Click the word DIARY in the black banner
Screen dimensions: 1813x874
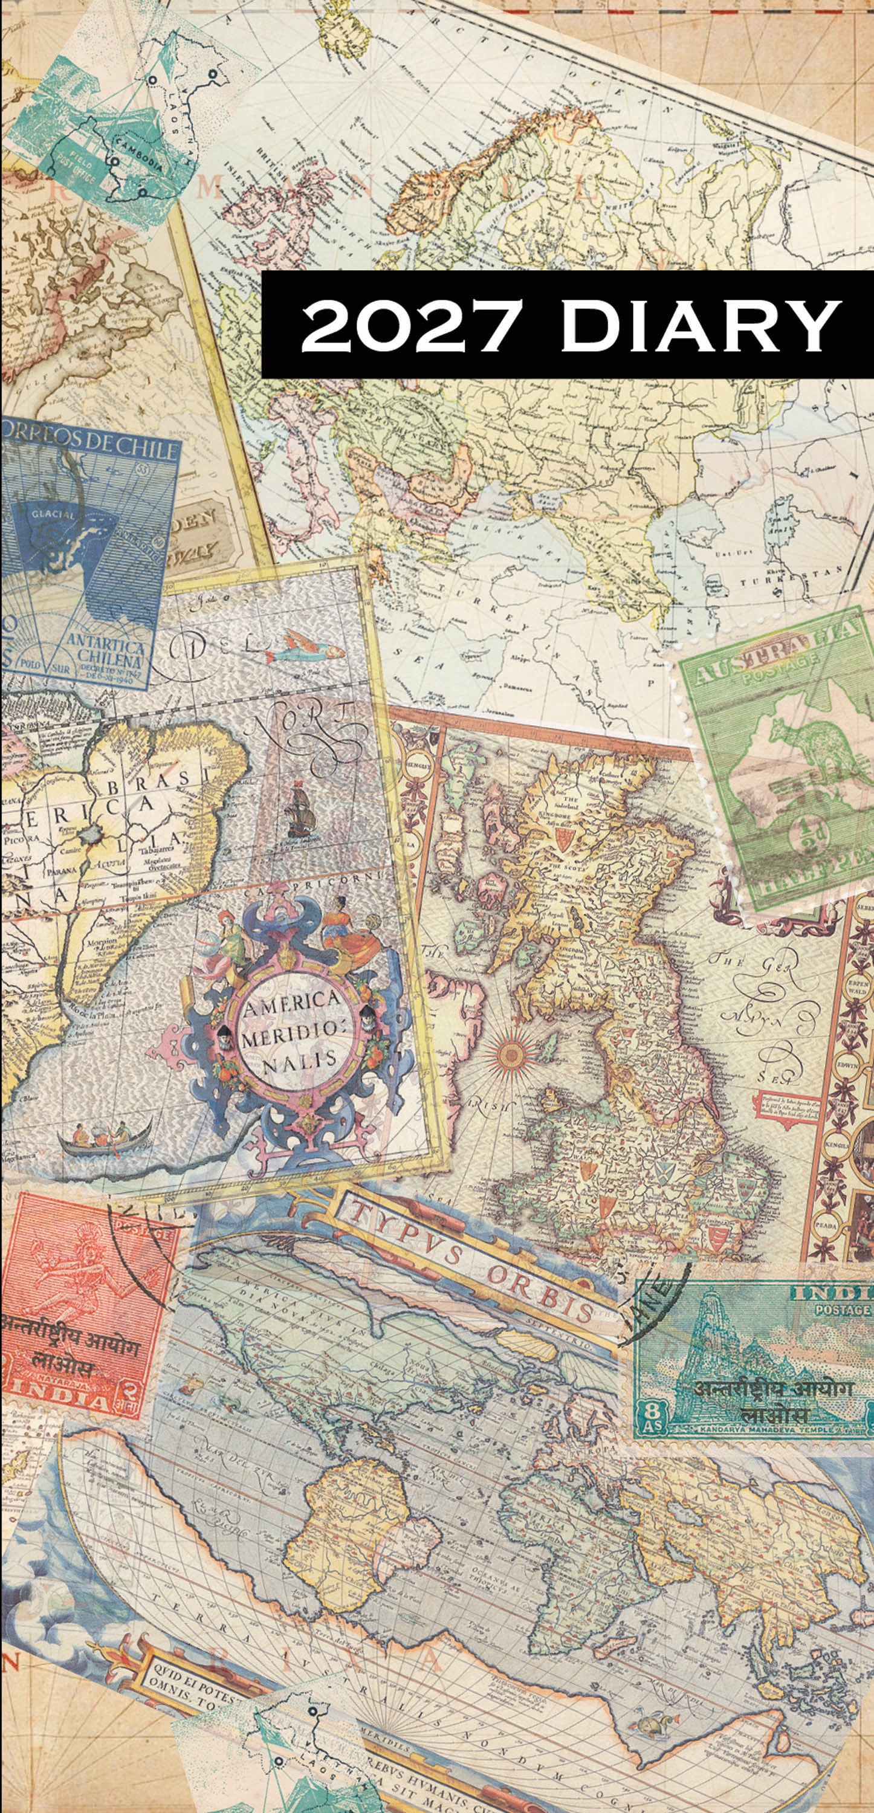pyautogui.click(x=700, y=325)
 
